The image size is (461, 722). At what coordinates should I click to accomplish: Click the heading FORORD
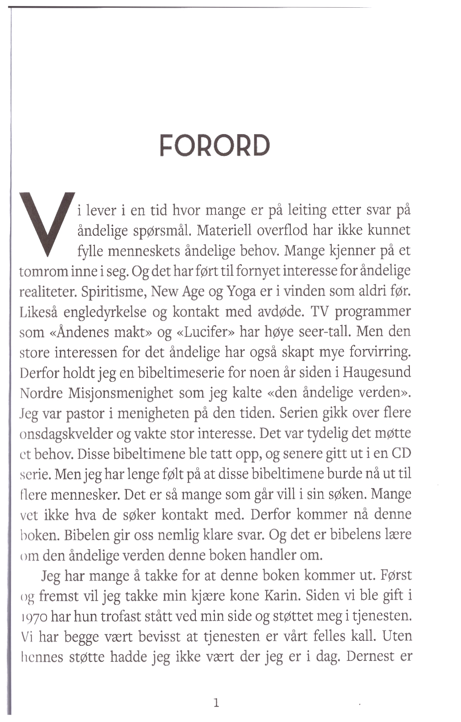(x=215, y=146)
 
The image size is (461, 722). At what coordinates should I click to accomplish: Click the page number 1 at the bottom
(x=216, y=702)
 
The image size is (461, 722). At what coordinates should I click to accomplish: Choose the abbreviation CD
(x=401, y=454)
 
